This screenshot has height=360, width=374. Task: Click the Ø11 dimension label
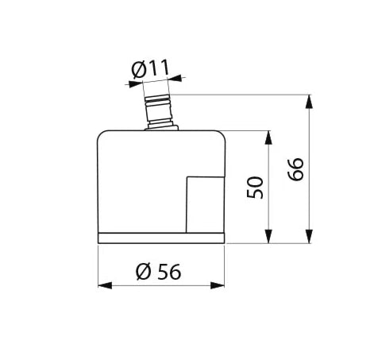(x=150, y=69)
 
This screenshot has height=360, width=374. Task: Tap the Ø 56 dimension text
(x=159, y=272)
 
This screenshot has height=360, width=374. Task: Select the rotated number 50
(x=255, y=188)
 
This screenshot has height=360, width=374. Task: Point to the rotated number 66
(x=295, y=169)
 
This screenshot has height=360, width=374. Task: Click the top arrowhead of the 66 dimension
(x=309, y=102)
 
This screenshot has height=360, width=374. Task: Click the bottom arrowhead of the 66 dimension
(x=309, y=236)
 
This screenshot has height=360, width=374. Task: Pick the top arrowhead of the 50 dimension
(x=268, y=137)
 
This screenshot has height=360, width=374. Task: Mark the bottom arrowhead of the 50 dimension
(x=268, y=236)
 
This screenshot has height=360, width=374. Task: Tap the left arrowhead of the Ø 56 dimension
(x=105, y=285)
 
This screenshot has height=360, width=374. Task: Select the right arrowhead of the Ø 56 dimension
(x=218, y=285)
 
